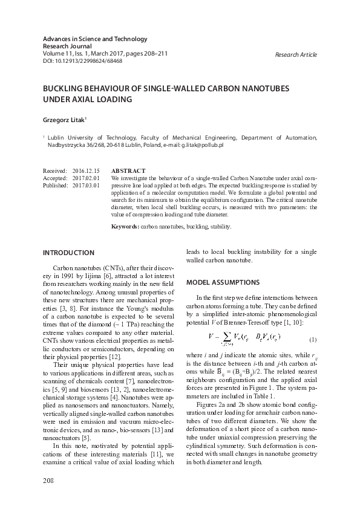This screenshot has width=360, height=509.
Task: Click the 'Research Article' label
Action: (296, 54)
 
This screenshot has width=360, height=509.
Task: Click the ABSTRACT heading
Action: (128, 172)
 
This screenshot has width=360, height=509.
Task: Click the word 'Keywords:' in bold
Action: (126, 226)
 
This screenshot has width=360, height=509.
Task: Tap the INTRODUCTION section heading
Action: (68, 252)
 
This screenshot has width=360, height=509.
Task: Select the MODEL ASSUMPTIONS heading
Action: (223, 282)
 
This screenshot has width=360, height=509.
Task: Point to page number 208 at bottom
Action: (48, 481)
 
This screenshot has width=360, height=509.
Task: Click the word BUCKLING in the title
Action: (66, 88)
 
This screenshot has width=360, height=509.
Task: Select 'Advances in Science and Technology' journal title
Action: (95, 39)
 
